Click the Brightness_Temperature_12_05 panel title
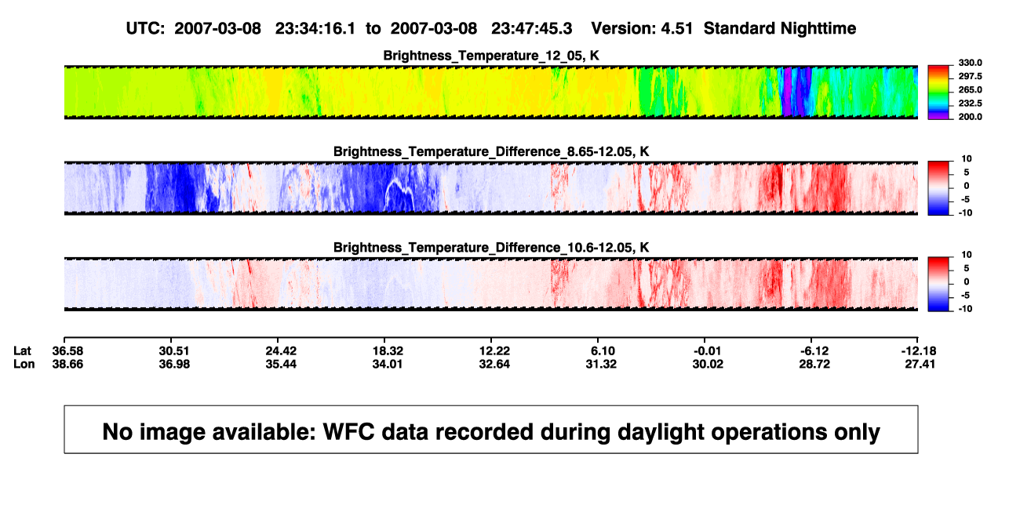coord(491,56)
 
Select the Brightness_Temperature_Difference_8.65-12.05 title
coord(491,151)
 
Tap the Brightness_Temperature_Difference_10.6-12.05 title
coord(491,248)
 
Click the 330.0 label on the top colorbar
coord(970,63)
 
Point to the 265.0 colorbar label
coord(970,89)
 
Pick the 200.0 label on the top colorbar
coord(970,117)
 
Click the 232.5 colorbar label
coord(970,104)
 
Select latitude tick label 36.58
coord(67,351)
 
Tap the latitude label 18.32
coord(388,351)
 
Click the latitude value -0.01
coord(707,351)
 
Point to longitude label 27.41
coord(920,364)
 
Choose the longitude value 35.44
coord(281,364)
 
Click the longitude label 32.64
coord(494,364)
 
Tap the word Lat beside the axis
coord(22,351)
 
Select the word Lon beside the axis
coord(24,364)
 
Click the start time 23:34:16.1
coord(315,29)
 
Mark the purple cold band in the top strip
coord(787,92)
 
